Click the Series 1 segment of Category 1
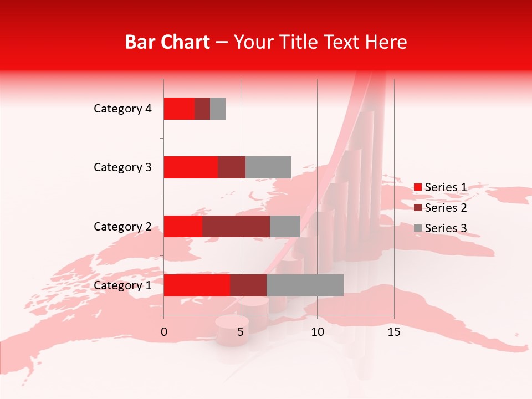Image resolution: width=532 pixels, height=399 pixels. [196, 285]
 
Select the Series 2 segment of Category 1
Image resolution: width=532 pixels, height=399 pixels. [248, 285]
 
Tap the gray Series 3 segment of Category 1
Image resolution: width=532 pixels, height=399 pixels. [305, 285]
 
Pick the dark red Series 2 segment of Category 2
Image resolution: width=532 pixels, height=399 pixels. [236, 226]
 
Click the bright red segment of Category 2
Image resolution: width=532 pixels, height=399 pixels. [183, 226]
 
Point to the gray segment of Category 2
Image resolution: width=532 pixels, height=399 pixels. [285, 226]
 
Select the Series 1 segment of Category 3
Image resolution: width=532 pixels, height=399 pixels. [191, 167]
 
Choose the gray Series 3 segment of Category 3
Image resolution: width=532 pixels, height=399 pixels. [268, 167]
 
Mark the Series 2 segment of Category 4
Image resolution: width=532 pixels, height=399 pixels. [202, 109]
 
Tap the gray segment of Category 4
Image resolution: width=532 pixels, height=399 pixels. [218, 109]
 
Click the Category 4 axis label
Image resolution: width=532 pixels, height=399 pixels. [122, 109]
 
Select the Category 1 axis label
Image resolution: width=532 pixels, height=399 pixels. [122, 285]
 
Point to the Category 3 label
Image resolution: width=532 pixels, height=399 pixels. [122, 167]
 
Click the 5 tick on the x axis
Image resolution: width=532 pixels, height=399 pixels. [241, 332]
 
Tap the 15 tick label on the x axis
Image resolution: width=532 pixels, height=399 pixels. [393, 332]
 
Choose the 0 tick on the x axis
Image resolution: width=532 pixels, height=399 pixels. [164, 332]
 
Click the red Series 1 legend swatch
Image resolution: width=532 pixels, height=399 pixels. [418, 187]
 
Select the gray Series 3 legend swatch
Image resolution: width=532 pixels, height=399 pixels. [418, 228]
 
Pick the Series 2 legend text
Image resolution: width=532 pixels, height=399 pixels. [446, 208]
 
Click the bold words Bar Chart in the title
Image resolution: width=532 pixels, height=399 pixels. [167, 42]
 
